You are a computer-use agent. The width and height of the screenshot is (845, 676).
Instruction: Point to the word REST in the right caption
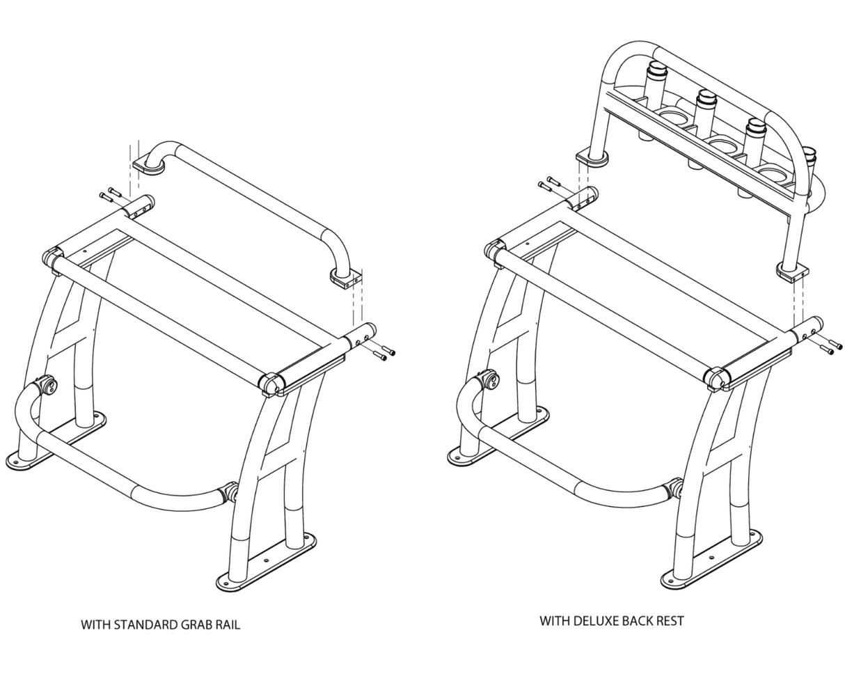(x=669, y=620)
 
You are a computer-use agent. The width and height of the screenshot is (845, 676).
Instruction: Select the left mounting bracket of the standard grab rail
(x=148, y=164)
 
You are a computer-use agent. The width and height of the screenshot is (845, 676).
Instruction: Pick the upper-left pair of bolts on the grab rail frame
(x=110, y=196)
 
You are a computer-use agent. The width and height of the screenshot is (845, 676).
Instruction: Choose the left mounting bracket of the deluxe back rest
(x=592, y=157)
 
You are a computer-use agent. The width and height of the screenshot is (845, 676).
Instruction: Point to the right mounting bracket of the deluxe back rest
(x=792, y=271)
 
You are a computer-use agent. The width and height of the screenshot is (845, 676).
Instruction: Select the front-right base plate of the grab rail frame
(x=267, y=561)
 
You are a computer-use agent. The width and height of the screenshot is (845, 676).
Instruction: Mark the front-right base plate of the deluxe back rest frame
(x=711, y=558)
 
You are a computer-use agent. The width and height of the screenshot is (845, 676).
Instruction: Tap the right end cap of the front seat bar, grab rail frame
(x=272, y=384)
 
